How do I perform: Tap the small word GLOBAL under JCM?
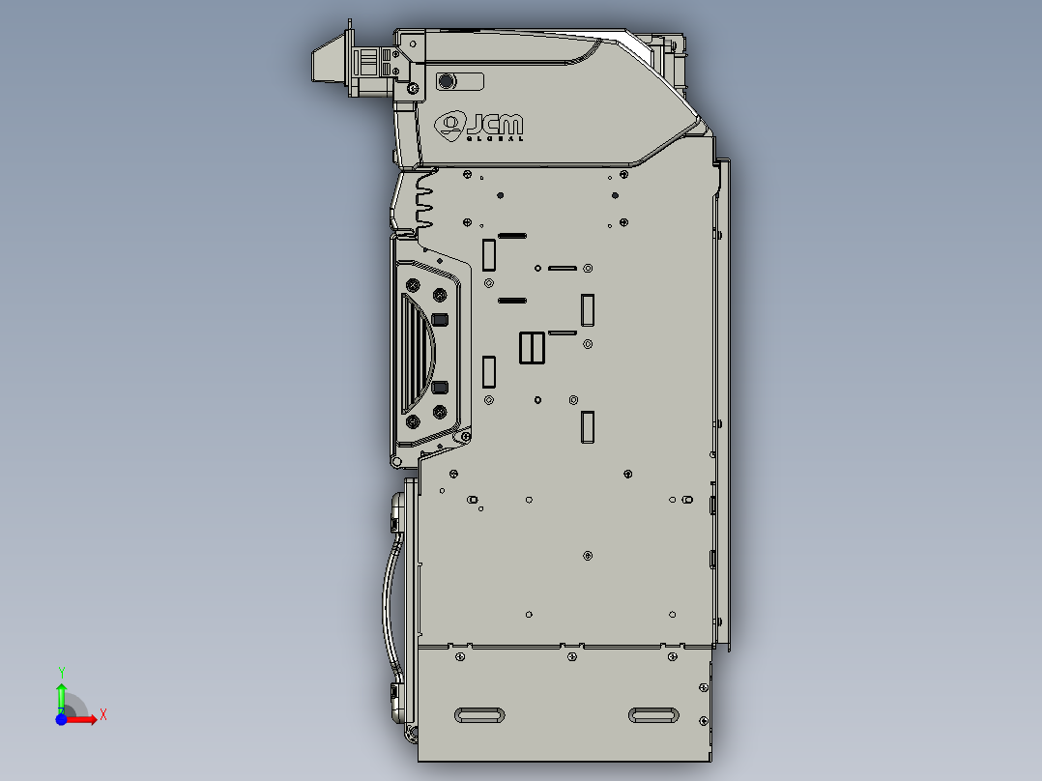click(x=495, y=138)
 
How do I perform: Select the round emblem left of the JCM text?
click(x=450, y=124)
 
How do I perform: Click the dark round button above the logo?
click(x=447, y=81)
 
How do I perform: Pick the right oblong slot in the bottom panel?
click(x=653, y=715)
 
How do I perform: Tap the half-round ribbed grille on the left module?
click(x=417, y=353)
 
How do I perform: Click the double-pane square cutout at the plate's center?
click(x=533, y=348)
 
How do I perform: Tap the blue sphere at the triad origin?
click(x=61, y=719)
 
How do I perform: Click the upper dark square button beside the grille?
click(x=440, y=320)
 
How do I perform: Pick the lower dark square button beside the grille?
click(x=440, y=388)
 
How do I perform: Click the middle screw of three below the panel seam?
click(x=571, y=657)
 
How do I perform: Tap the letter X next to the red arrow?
click(x=102, y=714)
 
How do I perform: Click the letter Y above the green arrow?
click(x=61, y=671)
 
